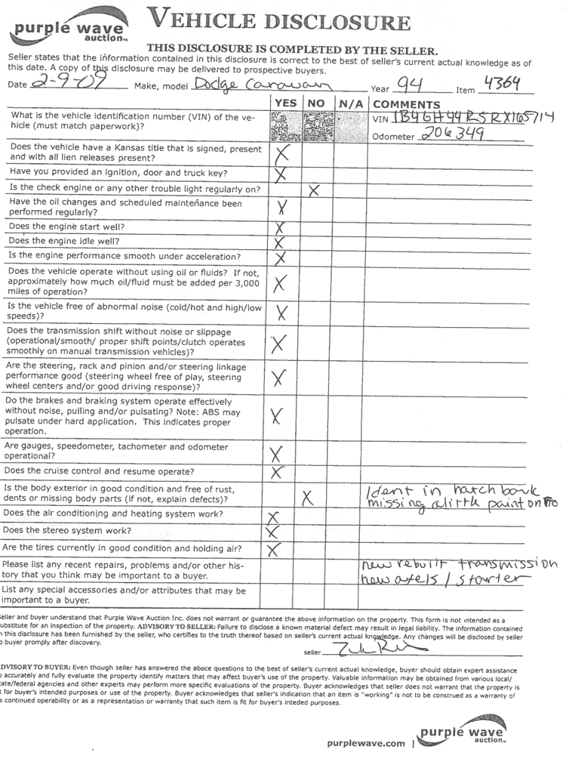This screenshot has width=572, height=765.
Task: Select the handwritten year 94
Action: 410,84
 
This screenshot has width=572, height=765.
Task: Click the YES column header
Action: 284,103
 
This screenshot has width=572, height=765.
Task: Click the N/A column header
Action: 350,103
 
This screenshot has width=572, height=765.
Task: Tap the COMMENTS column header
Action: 406,104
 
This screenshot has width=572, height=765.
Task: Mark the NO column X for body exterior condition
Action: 307,497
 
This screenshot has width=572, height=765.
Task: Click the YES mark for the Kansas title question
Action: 282,155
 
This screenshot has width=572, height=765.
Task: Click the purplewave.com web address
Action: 366,743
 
